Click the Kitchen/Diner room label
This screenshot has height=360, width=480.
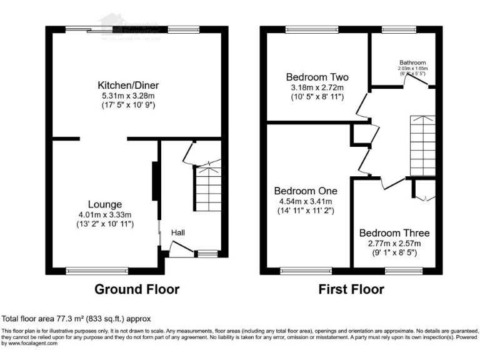tap(126, 85)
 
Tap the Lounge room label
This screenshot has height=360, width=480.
tap(104, 204)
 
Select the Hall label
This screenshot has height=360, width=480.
tap(179, 232)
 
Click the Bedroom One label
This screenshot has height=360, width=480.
tap(306, 191)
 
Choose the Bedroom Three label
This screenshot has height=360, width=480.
tap(394, 232)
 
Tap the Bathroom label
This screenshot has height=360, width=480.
tap(412, 63)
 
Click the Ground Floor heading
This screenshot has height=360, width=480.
tap(137, 289)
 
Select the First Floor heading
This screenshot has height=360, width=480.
tap(351, 289)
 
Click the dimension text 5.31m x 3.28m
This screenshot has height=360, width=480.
tap(126, 96)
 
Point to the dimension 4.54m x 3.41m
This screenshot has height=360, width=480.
tap(306, 201)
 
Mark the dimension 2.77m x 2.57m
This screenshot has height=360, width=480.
tap(394, 243)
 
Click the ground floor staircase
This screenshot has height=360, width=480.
tap(206, 187)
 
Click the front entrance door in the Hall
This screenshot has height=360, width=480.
tap(181, 251)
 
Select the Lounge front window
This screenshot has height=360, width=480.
tap(91, 271)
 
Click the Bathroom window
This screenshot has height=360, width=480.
tap(395, 29)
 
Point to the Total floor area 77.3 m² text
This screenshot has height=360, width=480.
tap(76, 318)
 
